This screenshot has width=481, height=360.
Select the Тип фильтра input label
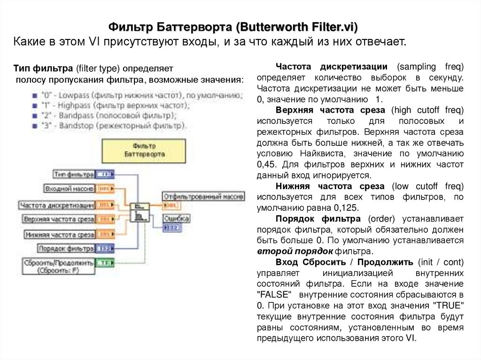pos(74,175)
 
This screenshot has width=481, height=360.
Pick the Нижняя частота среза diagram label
pos(60,234)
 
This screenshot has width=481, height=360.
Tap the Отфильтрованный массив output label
pos(203,196)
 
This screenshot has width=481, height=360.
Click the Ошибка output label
pos(177,219)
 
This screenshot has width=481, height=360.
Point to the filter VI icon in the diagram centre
pos(140,212)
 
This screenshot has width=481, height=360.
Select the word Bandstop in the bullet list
pos(71,125)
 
